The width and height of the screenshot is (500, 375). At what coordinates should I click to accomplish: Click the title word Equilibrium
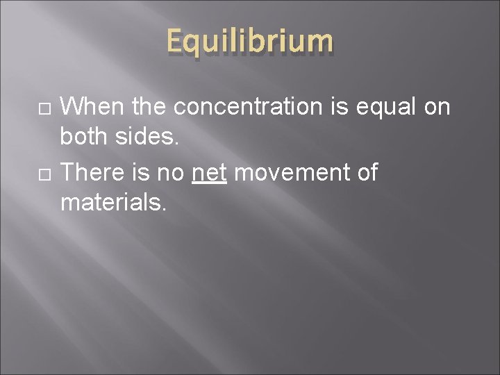(250, 42)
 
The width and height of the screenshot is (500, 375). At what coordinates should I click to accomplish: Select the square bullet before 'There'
(44, 173)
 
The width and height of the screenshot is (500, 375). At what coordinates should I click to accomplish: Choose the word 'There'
(93, 172)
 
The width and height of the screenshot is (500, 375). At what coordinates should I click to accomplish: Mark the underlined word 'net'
(209, 172)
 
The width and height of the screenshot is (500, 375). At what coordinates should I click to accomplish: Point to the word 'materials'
(111, 203)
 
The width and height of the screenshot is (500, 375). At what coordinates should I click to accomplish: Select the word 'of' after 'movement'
(366, 172)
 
